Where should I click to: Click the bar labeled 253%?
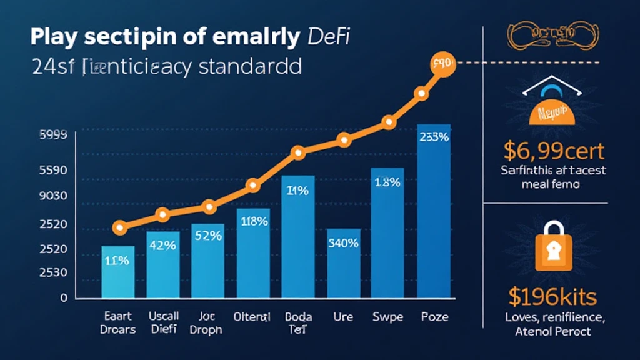coord(434,212)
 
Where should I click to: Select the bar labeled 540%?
coord(343,262)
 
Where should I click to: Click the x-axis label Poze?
coord(434,317)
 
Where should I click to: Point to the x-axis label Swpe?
coord(388,317)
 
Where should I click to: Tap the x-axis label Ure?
coord(343,317)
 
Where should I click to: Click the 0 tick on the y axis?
coord(63,297)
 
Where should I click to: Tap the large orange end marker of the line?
coord(443,64)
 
